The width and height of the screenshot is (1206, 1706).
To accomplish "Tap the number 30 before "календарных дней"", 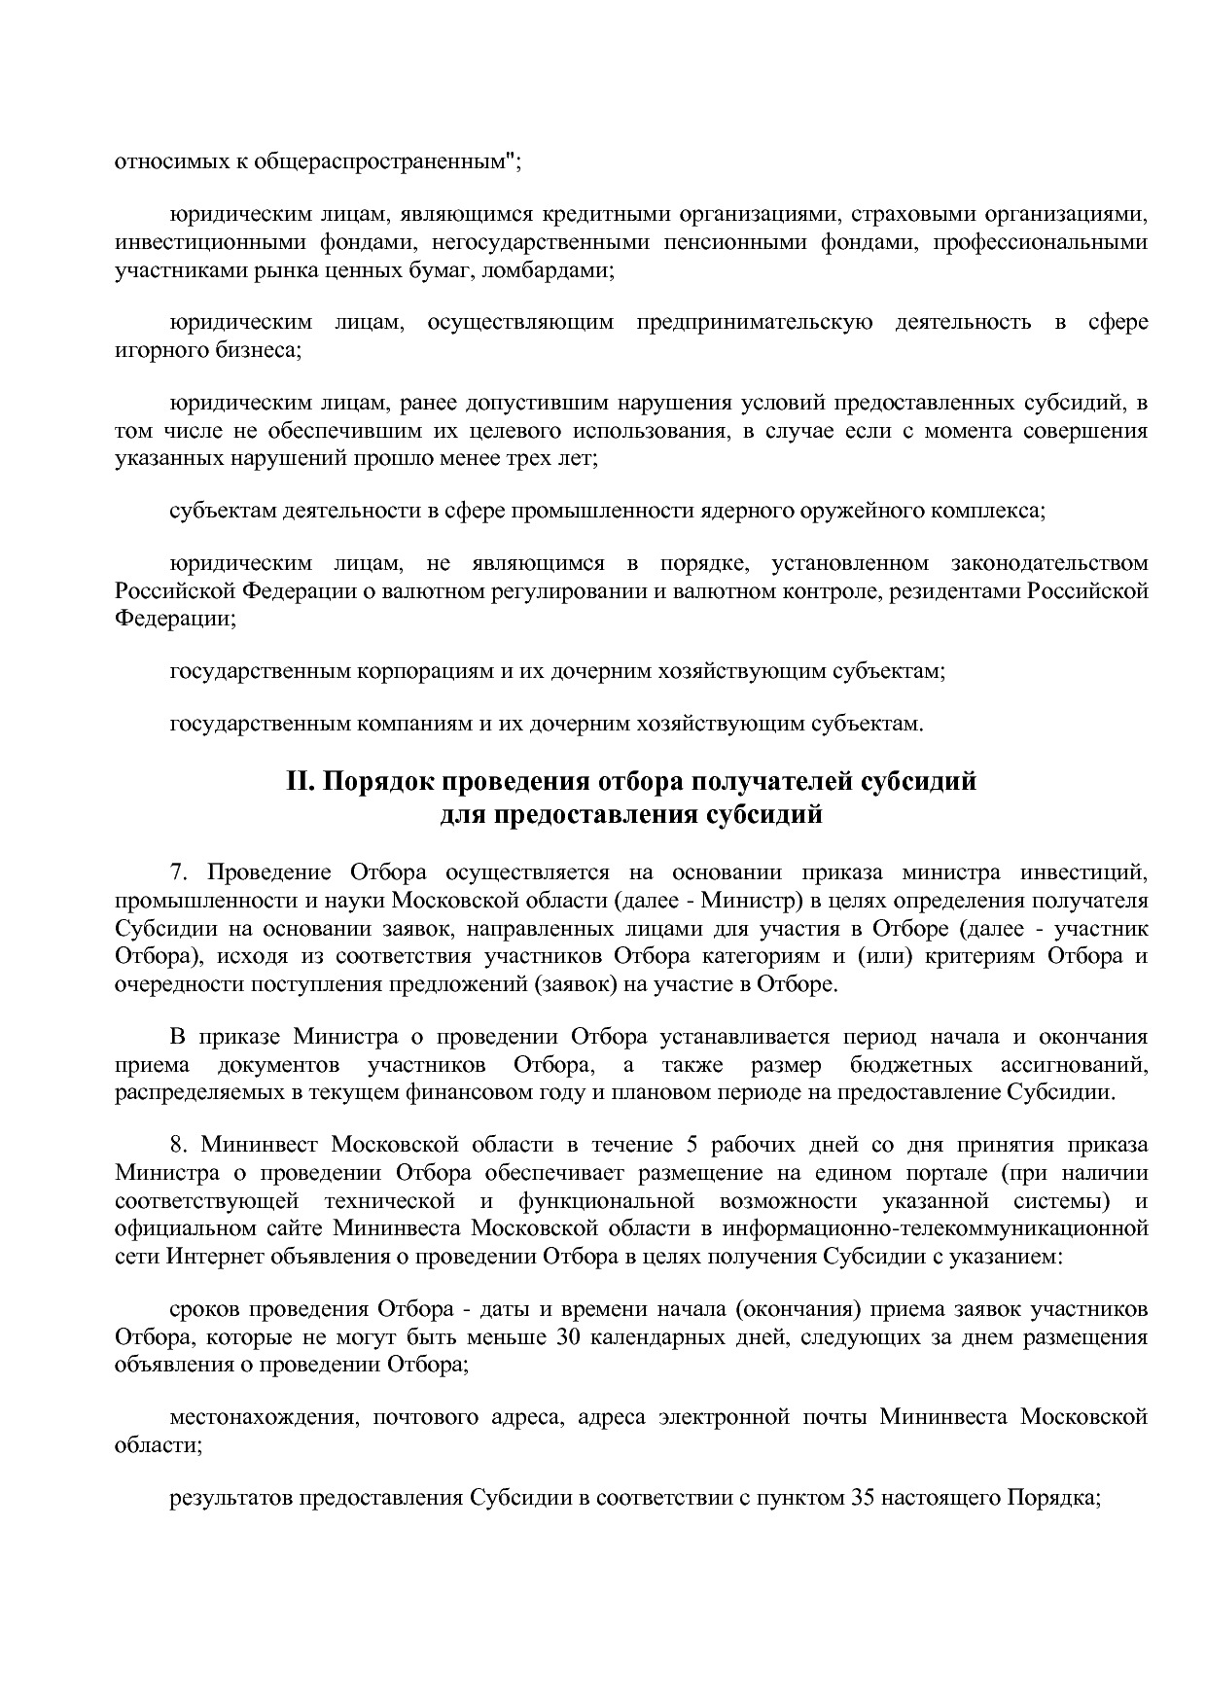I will (568, 1337).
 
